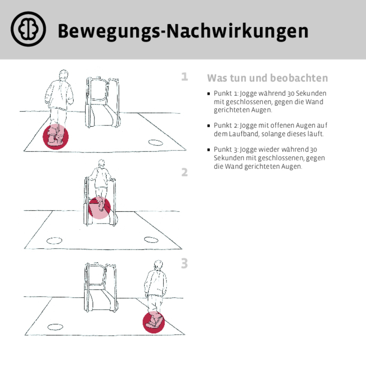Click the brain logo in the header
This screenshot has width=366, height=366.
28,29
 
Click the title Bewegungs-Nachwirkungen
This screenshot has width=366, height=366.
183,31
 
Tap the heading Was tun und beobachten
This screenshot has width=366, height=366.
267,78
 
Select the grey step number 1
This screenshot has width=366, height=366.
184,77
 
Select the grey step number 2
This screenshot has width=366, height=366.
184,172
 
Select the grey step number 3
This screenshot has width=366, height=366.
184,263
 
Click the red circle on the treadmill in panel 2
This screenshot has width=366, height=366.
99,208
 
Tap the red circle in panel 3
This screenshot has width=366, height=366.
153,322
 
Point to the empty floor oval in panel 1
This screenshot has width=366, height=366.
155,143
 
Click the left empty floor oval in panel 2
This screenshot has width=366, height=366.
55,241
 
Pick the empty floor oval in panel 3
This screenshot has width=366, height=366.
55,327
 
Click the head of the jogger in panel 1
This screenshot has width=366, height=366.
63,75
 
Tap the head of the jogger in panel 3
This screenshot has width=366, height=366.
159,265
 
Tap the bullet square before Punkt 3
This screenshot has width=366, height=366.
209,150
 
